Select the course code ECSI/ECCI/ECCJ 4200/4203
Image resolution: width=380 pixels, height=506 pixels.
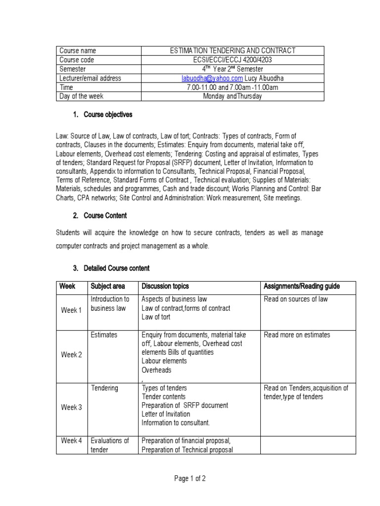point(233,60)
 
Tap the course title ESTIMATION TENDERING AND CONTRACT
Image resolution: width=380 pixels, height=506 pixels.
point(233,50)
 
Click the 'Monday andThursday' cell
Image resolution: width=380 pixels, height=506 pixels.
point(233,96)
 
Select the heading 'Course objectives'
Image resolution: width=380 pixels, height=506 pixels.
point(108,115)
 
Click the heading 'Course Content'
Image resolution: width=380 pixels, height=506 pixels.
point(105,215)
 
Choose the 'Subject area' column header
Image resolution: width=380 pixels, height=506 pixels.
point(107,286)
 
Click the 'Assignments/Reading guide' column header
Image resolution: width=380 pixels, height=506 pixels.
point(302,286)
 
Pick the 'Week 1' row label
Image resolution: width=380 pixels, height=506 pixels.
point(71,310)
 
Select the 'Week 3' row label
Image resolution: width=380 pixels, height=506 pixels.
point(71,407)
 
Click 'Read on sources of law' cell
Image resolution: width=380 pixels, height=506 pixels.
point(296,299)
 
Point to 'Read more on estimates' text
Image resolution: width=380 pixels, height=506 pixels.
point(297,335)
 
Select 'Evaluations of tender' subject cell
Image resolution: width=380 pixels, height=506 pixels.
point(109,445)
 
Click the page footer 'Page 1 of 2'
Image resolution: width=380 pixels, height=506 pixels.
point(190,478)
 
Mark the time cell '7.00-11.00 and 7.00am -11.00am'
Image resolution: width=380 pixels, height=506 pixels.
point(233,87)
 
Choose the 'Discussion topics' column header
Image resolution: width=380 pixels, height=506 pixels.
point(165,286)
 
